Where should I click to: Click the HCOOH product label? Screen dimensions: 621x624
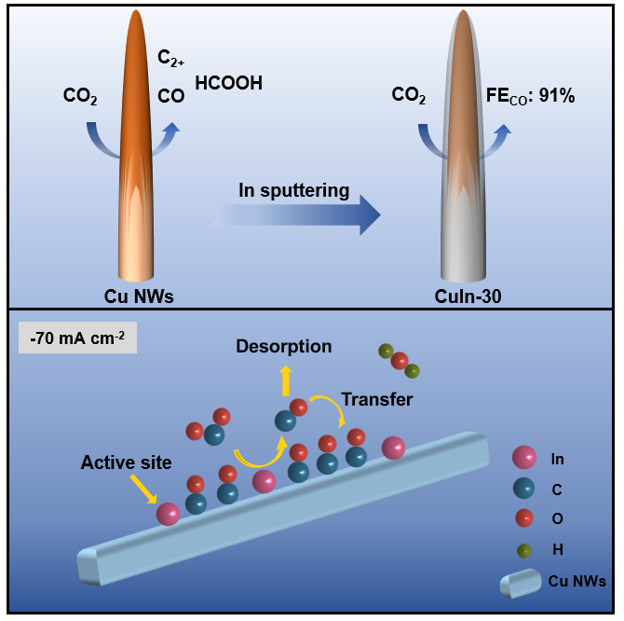pyautogui.click(x=228, y=83)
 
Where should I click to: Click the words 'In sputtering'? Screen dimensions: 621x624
pyautogui.click(x=292, y=191)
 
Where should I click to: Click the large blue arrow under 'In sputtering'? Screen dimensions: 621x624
pyautogui.click(x=298, y=217)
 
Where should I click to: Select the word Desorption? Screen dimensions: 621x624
pyautogui.click(x=284, y=347)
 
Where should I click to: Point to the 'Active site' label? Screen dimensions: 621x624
pyautogui.click(x=126, y=462)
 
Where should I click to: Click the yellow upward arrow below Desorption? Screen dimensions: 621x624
pyautogui.click(x=287, y=379)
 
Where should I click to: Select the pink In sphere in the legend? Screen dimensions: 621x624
pyautogui.click(x=524, y=458)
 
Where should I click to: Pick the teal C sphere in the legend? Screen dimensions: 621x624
pyautogui.click(x=524, y=489)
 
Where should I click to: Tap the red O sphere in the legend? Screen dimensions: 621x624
pyautogui.click(x=524, y=519)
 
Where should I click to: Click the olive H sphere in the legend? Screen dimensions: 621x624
pyautogui.click(x=524, y=550)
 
